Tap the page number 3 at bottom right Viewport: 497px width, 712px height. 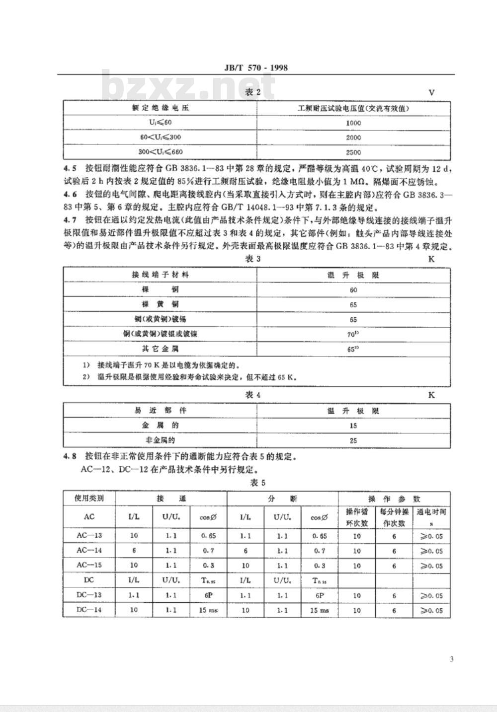(x=451, y=659)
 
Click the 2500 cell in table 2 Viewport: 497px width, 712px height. (x=353, y=152)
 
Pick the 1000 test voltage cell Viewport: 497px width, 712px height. (x=353, y=123)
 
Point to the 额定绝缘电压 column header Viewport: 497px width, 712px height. (x=160, y=108)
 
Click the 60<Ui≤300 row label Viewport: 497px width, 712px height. (x=160, y=138)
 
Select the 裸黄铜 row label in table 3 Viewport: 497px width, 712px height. (x=160, y=304)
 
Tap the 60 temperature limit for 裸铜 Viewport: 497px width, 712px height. (x=353, y=289)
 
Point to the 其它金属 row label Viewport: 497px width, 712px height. (x=160, y=349)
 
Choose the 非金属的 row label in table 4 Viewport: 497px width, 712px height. (x=160, y=440)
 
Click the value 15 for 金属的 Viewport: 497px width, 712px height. (x=353, y=426)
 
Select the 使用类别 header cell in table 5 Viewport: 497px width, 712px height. (x=89, y=498)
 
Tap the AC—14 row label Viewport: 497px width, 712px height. (x=89, y=551)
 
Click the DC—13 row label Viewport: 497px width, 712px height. (x=89, y=595)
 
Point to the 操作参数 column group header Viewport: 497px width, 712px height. (x=394, y=498)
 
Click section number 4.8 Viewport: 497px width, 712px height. (x=70, y=456)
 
